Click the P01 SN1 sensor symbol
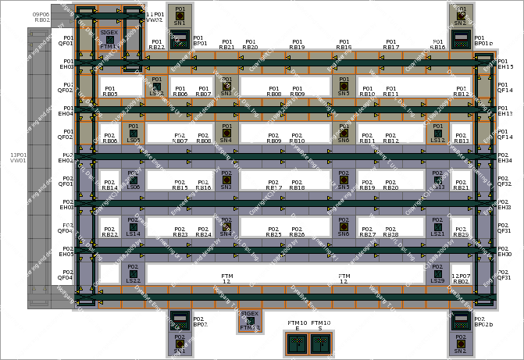[x=180, y=15]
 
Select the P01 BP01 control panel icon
[x=180, y=39]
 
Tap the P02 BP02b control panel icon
[x=461, y=319]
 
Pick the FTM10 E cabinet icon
[x=297, y=344]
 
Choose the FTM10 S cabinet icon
[x=320, y=344]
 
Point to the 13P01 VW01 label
[x=18, y=157]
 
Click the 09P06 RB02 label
[x=41, y=16]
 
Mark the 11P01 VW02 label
[x=155, y=16]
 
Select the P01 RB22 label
[x=157, y=45]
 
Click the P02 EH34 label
[x=504, y=158]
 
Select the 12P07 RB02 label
[x=461, y=278]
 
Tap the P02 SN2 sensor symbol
[x=461, y=343]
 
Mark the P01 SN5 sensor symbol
[x=344, y=85]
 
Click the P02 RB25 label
[x=273, y=232]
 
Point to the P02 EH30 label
[x=504, y=251]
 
